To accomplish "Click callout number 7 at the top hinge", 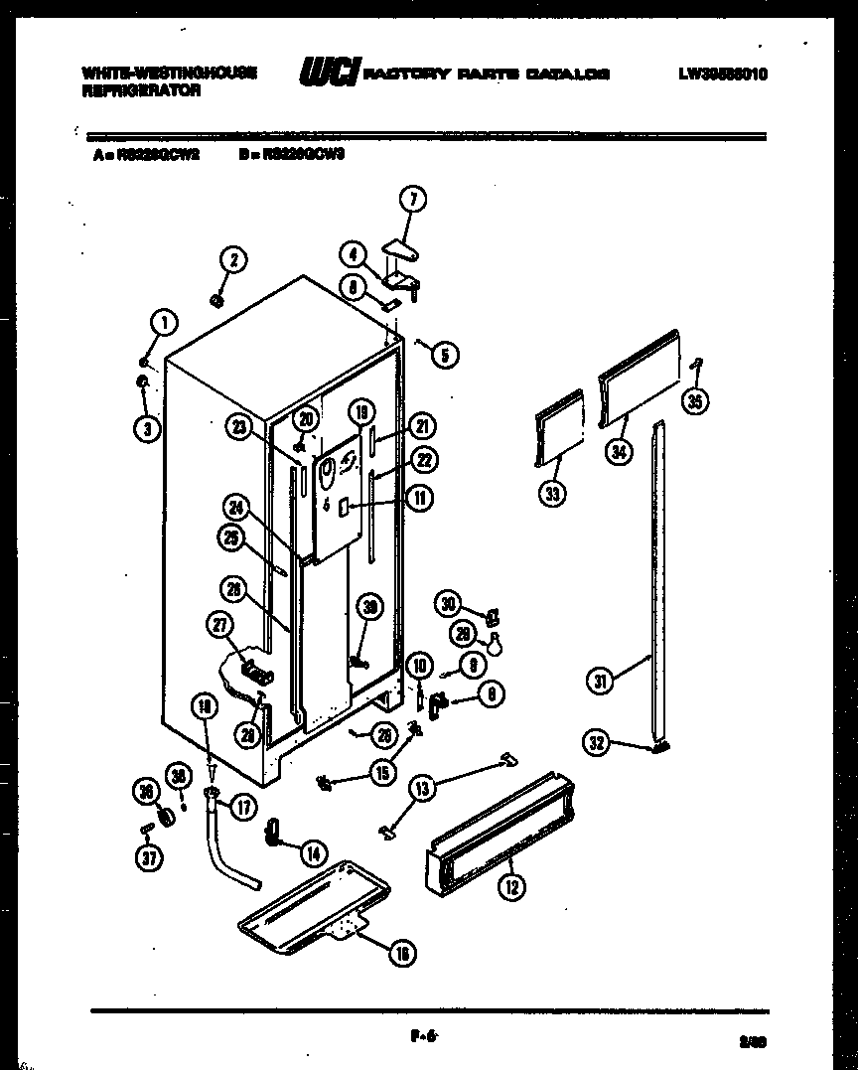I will [x=412, y=200].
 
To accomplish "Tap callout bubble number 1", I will [x=163, y=321].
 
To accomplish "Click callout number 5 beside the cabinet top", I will [x=444, y=353].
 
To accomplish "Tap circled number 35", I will [x=695, y=401].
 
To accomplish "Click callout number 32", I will [x=596, y=742].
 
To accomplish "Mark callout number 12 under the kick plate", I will [x=511, y=887].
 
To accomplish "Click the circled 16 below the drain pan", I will [x=400, y=954].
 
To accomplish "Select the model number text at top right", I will [x=724, y=75].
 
